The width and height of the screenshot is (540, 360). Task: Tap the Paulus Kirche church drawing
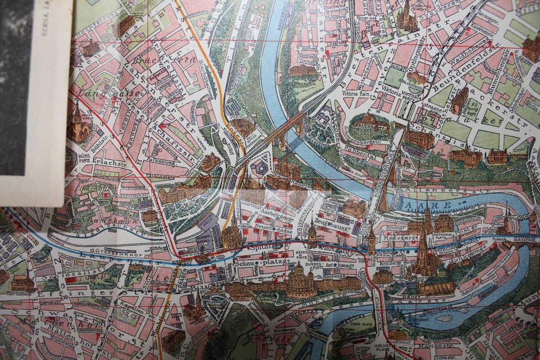tap(79, 126)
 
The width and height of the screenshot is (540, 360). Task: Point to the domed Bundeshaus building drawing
tap(298, 280)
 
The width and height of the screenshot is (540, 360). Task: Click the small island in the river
tap(444, 318)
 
